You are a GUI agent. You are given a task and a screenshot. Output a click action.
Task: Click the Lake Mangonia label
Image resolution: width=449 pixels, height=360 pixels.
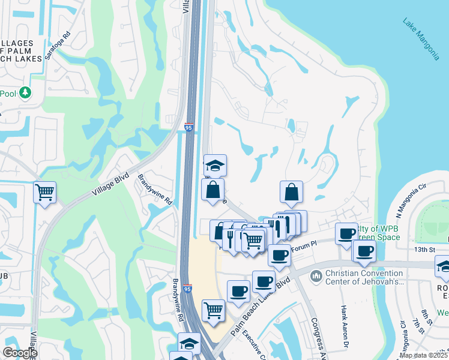pos(421,40)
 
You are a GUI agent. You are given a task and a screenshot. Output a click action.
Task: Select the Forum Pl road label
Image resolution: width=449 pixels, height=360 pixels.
pos(303,246)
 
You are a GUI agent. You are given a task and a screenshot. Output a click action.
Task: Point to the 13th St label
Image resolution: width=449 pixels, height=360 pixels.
pos(424,249)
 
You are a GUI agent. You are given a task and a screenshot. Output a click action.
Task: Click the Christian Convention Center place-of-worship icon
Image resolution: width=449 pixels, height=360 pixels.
pos(316,276)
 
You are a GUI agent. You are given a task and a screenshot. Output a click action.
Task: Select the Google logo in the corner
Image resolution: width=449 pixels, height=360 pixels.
pos(20,352)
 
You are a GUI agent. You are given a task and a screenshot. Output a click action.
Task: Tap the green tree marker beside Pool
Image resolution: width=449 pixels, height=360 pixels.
pos(25,92)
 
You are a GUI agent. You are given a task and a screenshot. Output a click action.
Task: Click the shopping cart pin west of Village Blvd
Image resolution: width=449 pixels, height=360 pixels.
pos(44,193)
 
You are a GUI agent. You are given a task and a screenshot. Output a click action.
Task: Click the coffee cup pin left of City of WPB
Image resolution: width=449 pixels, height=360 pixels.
pos(346,234)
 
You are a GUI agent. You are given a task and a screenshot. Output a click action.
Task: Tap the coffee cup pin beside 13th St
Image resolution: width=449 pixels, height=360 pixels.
pos(364,251)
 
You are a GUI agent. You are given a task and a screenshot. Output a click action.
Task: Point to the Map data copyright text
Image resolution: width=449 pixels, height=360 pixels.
pos(424,355)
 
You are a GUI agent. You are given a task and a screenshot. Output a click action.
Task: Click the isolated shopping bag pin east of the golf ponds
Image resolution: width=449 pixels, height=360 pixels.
pos(291,193)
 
